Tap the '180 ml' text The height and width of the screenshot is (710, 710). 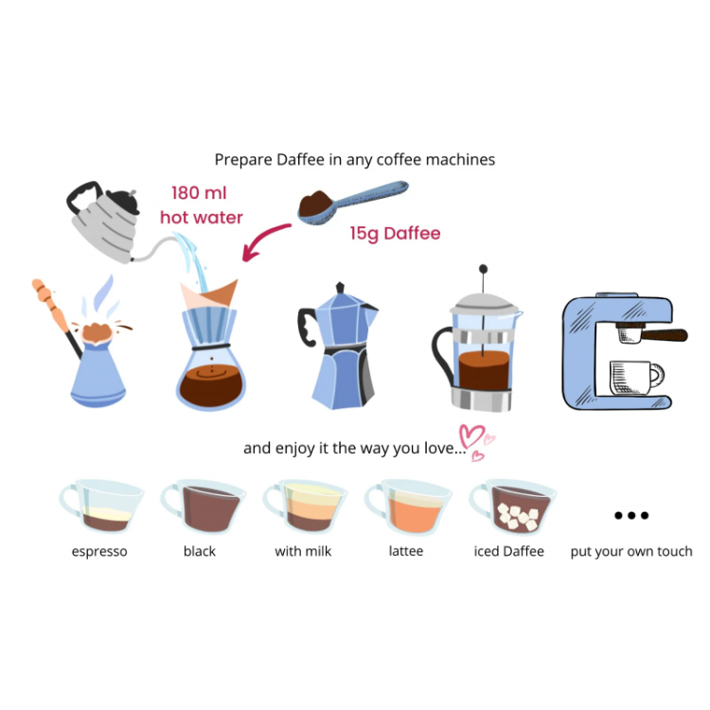(x=199, y=193)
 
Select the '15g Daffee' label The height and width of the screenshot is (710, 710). (x=395, y=234)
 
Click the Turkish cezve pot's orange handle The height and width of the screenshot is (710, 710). (x=49, y=303)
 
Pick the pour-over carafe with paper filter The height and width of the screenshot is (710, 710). (x=210, y=345)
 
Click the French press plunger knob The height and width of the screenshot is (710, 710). (x=483, y=269)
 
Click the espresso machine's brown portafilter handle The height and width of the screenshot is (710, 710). (x=665, y=335)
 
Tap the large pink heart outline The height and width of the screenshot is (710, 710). (x=471, y=435)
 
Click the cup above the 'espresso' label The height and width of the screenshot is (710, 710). (x=101, y=506)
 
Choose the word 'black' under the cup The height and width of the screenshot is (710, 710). (x=199, y=551)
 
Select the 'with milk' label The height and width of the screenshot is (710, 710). (x=303, y=551)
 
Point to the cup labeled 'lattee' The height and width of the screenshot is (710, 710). (x=408, y=506)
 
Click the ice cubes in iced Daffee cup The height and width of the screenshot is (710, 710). (x=518, y=516)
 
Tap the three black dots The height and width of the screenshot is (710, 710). (x=631, y=515)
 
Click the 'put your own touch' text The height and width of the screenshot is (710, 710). (x=631, y=552)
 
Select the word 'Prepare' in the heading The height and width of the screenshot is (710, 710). (x=243, y=160)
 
